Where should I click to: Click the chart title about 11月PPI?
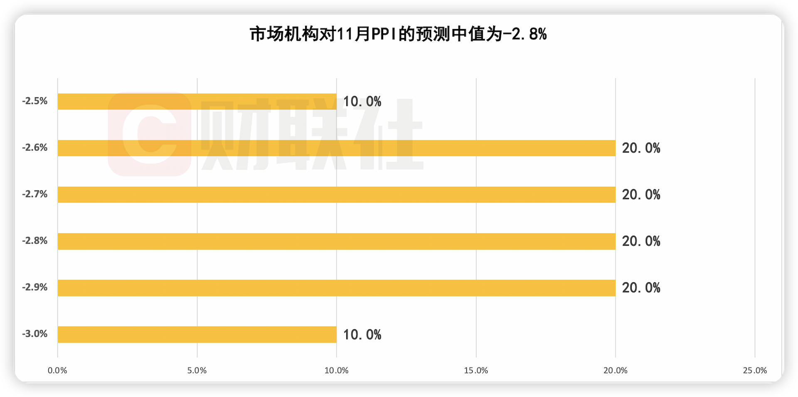tap(398, 34)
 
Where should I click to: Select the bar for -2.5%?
tap(197, 101)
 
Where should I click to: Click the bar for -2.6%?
tap(337, 148)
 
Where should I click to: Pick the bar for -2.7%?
tap(337, 195)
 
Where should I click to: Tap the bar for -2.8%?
tap(337, 241)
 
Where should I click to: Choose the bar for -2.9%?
tap(337, 288)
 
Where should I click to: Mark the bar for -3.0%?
tap(197, 334)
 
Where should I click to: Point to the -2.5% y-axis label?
tap(35, 101)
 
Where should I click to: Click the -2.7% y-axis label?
tap(35, 194)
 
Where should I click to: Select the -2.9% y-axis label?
tap(35, 287)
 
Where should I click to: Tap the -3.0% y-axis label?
tap(35, 334)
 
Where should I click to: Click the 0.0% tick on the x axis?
tap(57, 370)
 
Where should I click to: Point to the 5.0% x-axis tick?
tap(197, 370)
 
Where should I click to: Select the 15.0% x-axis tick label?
tap(476, 370)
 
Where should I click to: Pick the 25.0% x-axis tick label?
tap(755, 370)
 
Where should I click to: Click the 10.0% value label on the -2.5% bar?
tap(362, 101)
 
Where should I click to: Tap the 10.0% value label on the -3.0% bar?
tap(362, 335)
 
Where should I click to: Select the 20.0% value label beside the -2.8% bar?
tap(641, 241)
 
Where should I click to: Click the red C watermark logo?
tap(150, 134)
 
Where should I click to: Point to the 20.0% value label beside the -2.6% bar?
tap(641, 148)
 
